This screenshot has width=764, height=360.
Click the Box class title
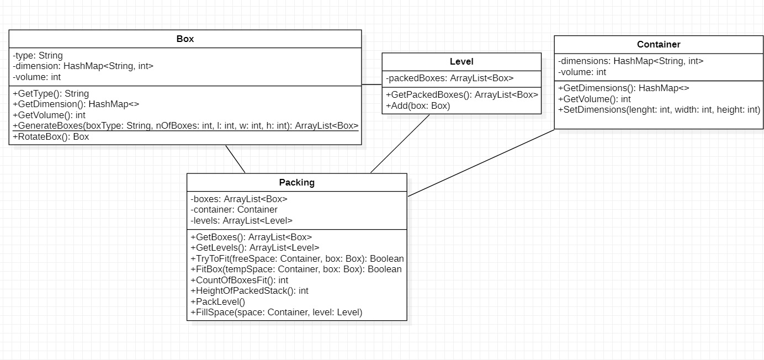click(x=185, y=39)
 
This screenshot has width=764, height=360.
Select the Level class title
click(x=461, y=62)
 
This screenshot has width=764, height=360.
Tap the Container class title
click(x=658, y=44)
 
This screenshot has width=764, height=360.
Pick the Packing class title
click(x=296, y=182)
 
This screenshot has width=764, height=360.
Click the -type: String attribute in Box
click(x=38, y=55)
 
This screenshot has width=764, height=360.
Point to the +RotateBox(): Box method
click(x=51, y=137)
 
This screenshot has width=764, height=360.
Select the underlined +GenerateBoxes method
click(x=185, y=126)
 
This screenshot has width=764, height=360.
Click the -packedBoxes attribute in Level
click(x=449, y=78)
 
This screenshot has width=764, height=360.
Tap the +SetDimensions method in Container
click(x=659, y=109)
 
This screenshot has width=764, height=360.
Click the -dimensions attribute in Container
click(x=630, y=61)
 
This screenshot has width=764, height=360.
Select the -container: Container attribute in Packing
click(x=234, y=209)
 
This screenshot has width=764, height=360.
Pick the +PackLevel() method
click(x=217, y=301)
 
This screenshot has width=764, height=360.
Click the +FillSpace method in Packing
click(x=276, y=312)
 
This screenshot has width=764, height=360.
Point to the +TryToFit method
click(x=297, y=258)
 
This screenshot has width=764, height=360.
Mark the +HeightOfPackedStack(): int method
click(x=249, y=290)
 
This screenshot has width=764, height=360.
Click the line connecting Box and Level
click(x=372, y=84)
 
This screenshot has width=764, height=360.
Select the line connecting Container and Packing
click(x=480, y=163)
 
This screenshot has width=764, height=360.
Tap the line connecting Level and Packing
click(x=400, y=144)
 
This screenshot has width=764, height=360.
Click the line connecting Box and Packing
click(x=235, y=159)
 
